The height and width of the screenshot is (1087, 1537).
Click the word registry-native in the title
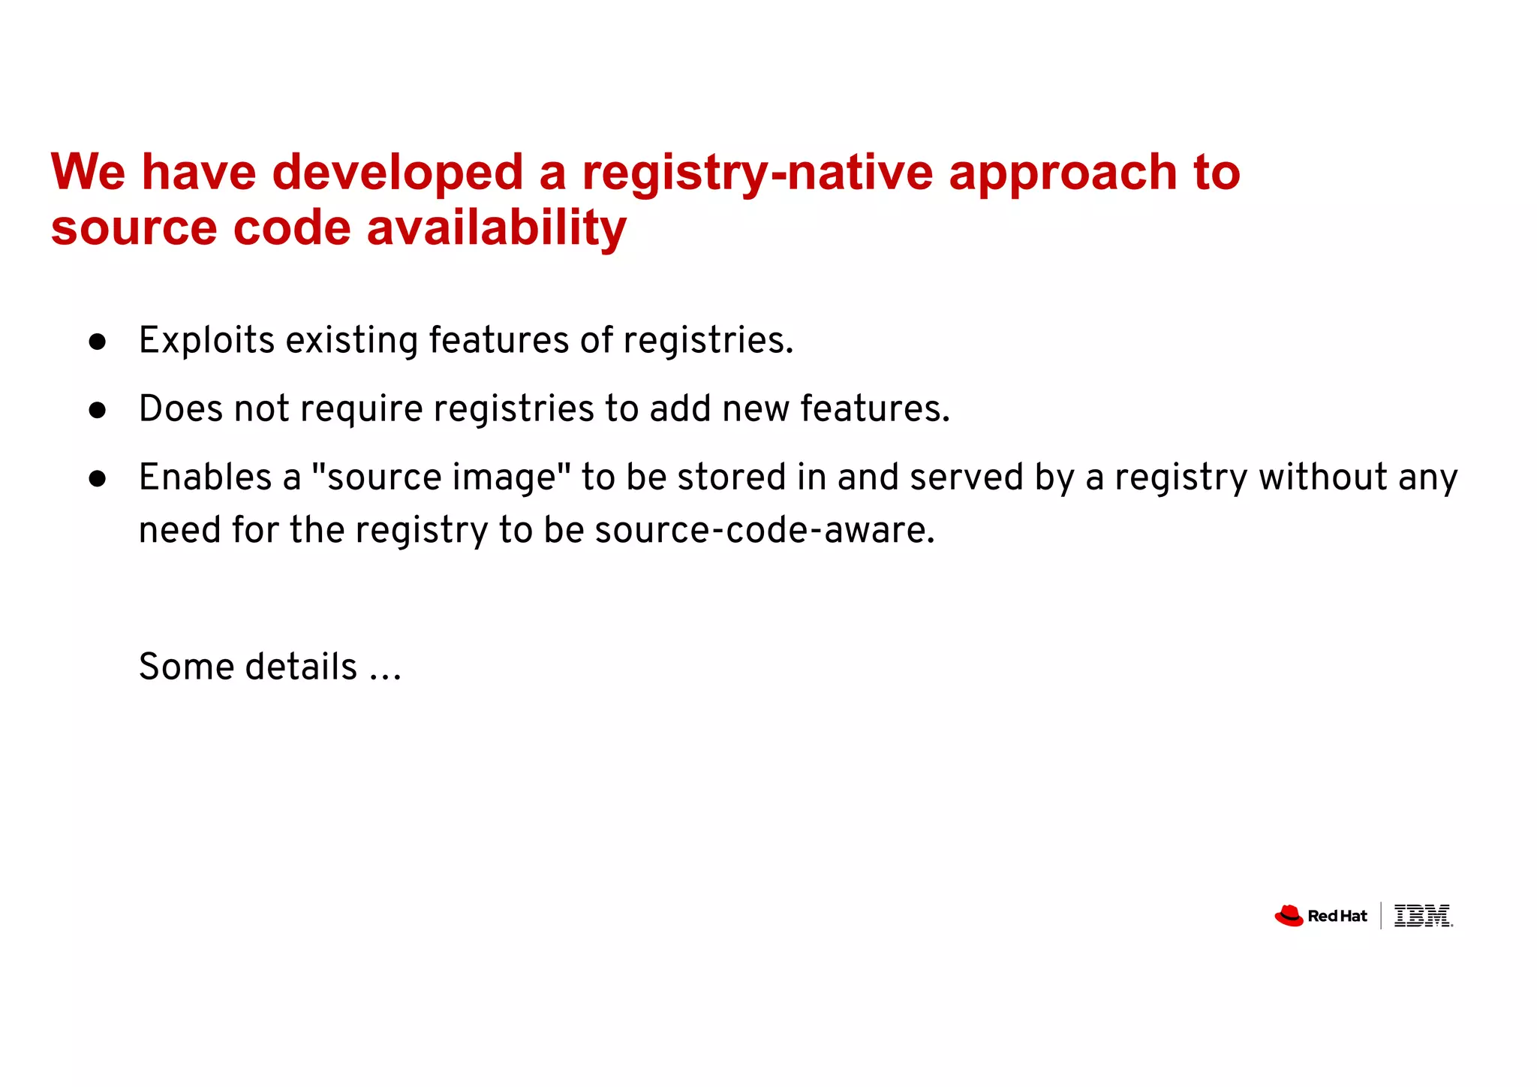(757, 173)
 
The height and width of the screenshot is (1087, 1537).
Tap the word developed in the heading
(397, 173)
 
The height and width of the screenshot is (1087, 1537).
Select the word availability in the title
(496, 228)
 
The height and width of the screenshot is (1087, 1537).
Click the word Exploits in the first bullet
(207, 341)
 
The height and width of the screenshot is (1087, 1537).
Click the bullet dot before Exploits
(98, 342)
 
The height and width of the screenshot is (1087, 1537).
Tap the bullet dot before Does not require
(98, 411)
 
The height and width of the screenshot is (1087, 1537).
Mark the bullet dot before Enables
(98, 479)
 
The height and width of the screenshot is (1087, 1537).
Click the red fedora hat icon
(1289, 916)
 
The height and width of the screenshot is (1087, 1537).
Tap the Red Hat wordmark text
(1337, 917)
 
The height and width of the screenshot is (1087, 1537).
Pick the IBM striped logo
(1422, 916)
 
